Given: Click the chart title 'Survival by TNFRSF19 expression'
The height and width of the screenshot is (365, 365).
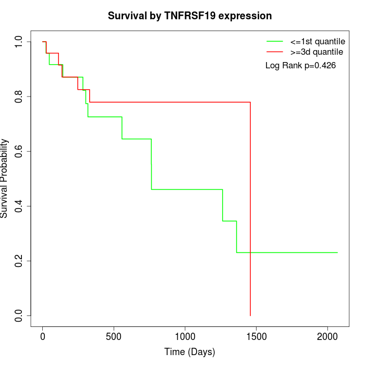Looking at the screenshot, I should click(x=189, y=16).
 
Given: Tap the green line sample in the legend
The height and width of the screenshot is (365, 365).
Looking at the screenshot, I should click(x=275, y=41).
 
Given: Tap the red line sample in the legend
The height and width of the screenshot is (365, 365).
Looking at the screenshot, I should click(x=275, y=52).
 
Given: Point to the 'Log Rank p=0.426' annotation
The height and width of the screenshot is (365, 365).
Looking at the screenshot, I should click(x=300, y=66).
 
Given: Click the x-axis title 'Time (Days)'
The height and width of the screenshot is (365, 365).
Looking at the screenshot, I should click(x=189, y=352).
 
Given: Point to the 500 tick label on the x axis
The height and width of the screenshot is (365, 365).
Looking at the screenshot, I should click(x=114, y=336).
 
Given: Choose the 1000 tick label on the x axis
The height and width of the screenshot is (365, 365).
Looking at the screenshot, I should click(x=185, y=336).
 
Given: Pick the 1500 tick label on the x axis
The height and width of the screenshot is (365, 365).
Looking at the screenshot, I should click(x=256, y=336).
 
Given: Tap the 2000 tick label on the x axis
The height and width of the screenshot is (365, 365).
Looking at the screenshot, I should click(x=327, y=336).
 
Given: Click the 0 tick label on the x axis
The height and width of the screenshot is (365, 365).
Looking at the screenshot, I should click(x=43, y=336).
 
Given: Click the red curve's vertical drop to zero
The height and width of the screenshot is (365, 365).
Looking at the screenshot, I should click(x=250, y=209).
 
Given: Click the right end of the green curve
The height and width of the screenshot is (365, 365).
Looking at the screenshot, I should click(x=337, y=252).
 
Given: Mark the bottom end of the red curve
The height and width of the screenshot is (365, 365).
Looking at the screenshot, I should click(x=250, y=315).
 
